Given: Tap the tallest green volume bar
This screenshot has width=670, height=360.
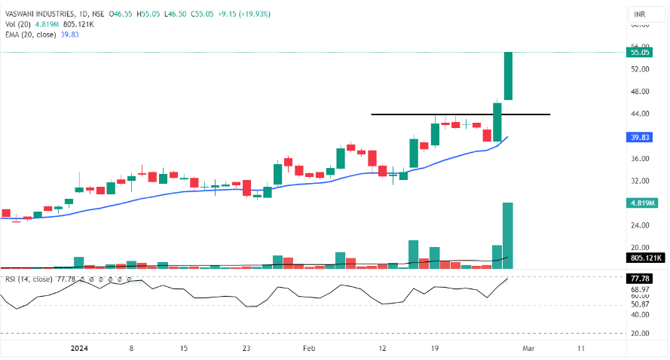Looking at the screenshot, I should (508, 234).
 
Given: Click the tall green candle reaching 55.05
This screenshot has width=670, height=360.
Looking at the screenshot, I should (508, 75).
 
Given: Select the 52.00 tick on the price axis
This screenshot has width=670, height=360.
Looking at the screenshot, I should (641, 69).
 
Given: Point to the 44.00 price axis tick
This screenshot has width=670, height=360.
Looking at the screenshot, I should (641, 114).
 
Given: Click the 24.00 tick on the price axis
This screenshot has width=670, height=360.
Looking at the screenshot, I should (641, 225).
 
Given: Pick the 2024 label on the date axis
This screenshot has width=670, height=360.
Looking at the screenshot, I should (78, 349).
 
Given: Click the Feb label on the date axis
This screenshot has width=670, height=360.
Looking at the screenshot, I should (309, 349).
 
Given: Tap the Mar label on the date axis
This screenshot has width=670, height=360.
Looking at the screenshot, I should (528, 349).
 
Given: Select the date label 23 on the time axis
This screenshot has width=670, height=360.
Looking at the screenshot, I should (246, 349).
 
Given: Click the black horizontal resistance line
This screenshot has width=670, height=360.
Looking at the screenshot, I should (460, 114).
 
